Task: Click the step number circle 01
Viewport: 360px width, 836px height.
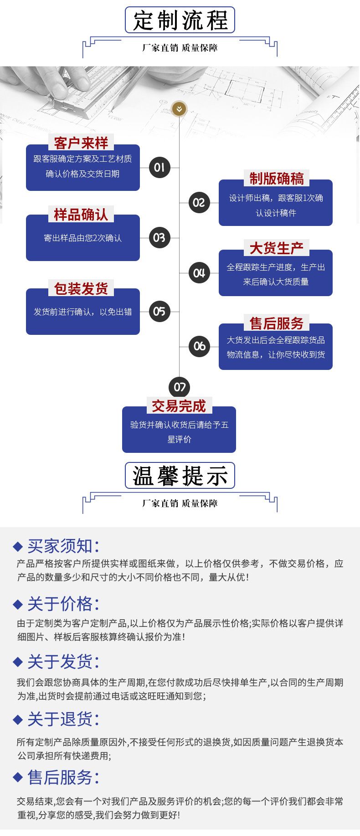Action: (x=159, y=167)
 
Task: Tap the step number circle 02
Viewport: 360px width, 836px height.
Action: (x=199, y=202)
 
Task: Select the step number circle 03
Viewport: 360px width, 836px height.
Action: (x=159, y=237)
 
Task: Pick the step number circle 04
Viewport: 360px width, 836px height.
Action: (x=199, y=273)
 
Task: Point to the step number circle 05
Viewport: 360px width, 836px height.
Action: (x=159, y=311)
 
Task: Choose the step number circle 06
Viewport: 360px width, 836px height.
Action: (x=199, y=346)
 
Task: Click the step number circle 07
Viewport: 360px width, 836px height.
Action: (x=180, y=387)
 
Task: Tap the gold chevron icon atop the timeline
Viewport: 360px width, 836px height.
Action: (x=180, y=109)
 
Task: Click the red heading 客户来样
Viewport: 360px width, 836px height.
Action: (x=81, y=143)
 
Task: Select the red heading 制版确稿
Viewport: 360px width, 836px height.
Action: (x=276, y=179)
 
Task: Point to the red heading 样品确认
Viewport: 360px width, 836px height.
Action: (x=81, y=214)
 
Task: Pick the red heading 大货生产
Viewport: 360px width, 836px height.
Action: (x=276, y=248)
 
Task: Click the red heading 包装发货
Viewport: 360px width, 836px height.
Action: (x=81, y=288)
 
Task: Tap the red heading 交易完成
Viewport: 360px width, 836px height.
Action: (x=179, y=405)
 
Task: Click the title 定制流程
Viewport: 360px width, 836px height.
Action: (x=180, y=21)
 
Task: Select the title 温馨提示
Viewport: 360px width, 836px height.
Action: (x=180, y=476)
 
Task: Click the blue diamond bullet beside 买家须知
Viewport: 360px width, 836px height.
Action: (x=18, y=546)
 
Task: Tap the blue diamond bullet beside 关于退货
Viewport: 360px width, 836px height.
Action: (x=18, y=719)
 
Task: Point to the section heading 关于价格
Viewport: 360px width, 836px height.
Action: (x=63, y=604)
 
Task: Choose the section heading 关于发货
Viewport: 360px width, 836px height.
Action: (x=63, y=662)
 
